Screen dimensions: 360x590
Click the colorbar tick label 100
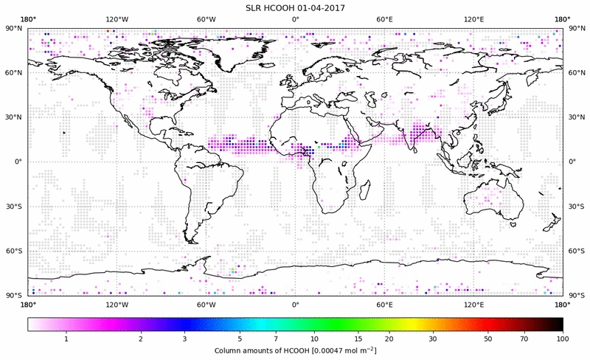(563, 338)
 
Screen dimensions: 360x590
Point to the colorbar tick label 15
(357, 338)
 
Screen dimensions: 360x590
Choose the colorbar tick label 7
(275, 338)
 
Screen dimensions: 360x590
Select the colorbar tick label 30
(433, 338)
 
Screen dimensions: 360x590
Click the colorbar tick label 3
(185, 338)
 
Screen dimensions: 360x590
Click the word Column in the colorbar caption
(228, 350)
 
